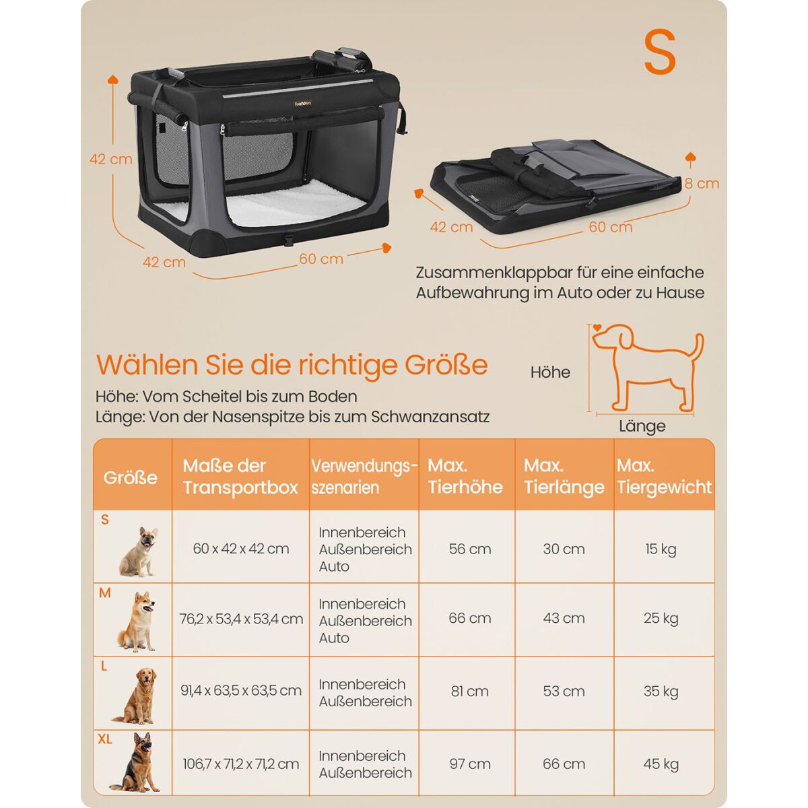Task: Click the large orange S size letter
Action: [x=660, y=52]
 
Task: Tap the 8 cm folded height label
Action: [x=702, y=184]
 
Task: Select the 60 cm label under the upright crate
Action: [x=321, y=259]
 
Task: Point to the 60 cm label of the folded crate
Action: [x=610, y=227]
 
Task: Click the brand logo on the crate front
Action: [x=303, y=103]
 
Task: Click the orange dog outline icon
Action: [x=647, y=368]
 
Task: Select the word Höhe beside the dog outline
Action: [x=550, y=372]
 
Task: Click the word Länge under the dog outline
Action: [x=642, y=427]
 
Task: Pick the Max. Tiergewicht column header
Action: [x=664, y=476]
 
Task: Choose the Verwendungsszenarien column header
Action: [x=364, y=477]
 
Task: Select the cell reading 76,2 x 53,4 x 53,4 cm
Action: [x=241, y=619]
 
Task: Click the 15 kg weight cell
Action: [x=661, y=549]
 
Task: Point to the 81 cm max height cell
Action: [x=469, y=691]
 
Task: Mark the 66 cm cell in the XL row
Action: [x=564, y=764]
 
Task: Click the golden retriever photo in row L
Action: [x=135, y=695]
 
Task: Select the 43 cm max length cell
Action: [x=564, y=618]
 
